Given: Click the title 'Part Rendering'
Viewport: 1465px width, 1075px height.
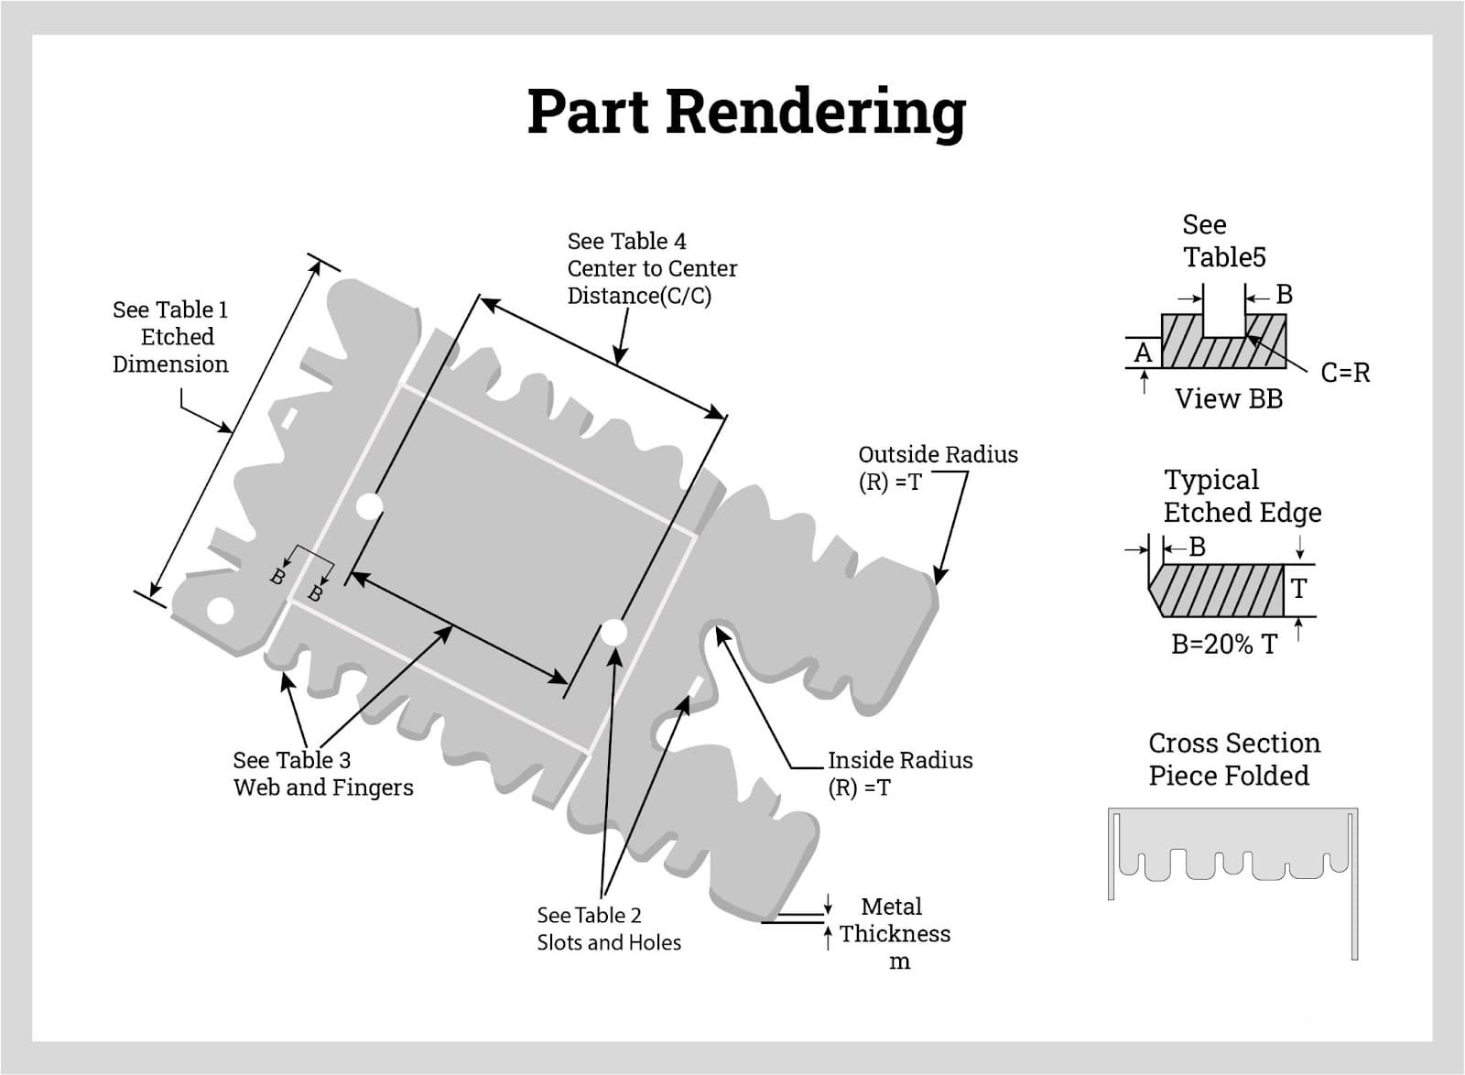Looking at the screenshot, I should [746, 112].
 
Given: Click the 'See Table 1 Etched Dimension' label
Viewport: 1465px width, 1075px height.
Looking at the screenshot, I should [170, 337].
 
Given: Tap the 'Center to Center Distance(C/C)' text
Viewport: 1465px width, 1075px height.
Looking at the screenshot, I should [652, 282].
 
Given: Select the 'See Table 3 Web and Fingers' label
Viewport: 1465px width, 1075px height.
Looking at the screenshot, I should [322, 774].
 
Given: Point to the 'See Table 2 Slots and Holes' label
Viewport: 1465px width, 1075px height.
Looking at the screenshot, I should [609, 928].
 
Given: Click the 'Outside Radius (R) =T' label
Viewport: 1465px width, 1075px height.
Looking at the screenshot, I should [937, 468].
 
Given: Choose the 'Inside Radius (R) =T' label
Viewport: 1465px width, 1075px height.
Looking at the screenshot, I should [899, 774].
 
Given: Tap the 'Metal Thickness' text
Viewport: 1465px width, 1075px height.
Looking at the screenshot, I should [894, 920].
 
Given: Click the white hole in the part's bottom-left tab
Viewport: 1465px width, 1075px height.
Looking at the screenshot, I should [219, 610].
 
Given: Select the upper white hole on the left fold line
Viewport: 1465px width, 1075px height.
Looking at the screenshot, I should [369, 505].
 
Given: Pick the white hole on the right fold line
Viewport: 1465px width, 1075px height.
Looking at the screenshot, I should [613, 633].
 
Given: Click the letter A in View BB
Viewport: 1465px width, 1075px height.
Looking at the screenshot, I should [1143, 353].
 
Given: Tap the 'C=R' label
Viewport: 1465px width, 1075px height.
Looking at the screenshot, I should [1345, 373].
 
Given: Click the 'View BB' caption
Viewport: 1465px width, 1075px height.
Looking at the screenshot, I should [1229, 399].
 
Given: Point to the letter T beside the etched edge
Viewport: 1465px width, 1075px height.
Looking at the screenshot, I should [1298, 589].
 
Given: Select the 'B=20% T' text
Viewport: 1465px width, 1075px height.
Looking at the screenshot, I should [1224, 645].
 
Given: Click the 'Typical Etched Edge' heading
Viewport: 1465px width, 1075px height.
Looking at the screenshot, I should [1242, 495].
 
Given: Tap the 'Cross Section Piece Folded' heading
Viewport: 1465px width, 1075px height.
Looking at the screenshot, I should [1233, 759].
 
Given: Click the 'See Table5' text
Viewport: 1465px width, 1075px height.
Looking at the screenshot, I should [1223, 241].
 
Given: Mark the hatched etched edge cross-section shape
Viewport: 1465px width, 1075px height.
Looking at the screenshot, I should [1218, 591].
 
